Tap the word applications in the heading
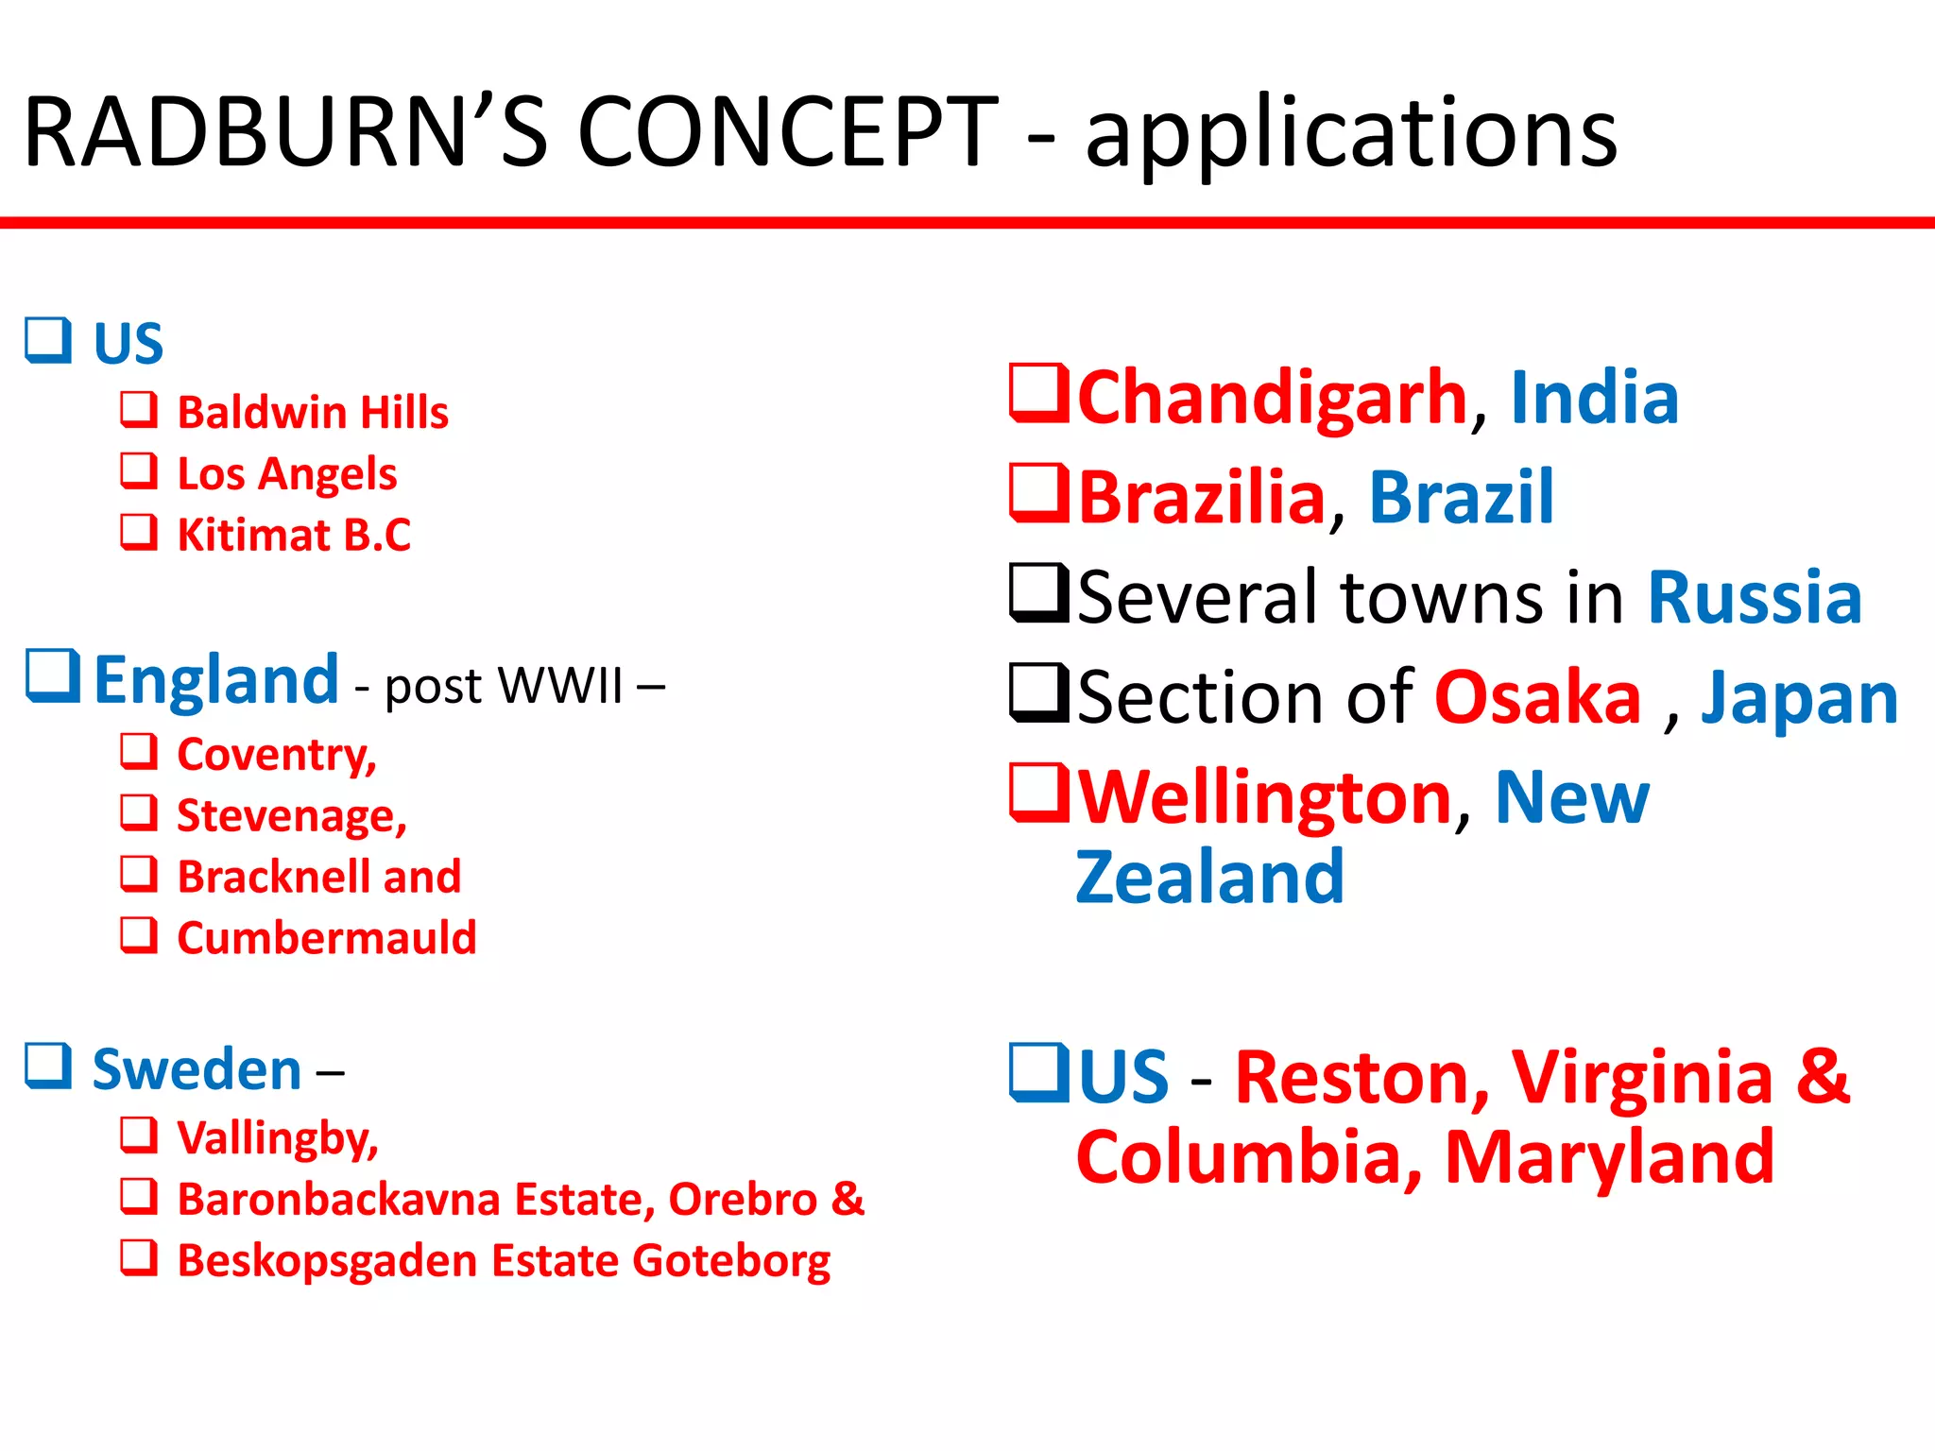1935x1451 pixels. point(1351,134)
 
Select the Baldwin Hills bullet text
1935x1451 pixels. point(313,413)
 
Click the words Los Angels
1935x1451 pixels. point(287,474)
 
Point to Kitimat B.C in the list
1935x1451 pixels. point(294,536)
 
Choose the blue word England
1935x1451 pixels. point(216,680)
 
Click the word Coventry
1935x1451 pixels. point(276,755)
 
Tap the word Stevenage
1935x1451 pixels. point(291,816)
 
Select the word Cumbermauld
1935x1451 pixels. point(327,938)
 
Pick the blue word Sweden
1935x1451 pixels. point(197,1070)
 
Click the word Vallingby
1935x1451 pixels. point(278,1138)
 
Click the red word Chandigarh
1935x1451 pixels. point(1272,398)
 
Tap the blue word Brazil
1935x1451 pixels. point(1461,497)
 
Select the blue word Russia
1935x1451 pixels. point(1755,598)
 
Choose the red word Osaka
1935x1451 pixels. point(1538,698)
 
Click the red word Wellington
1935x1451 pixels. point(1264,798)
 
